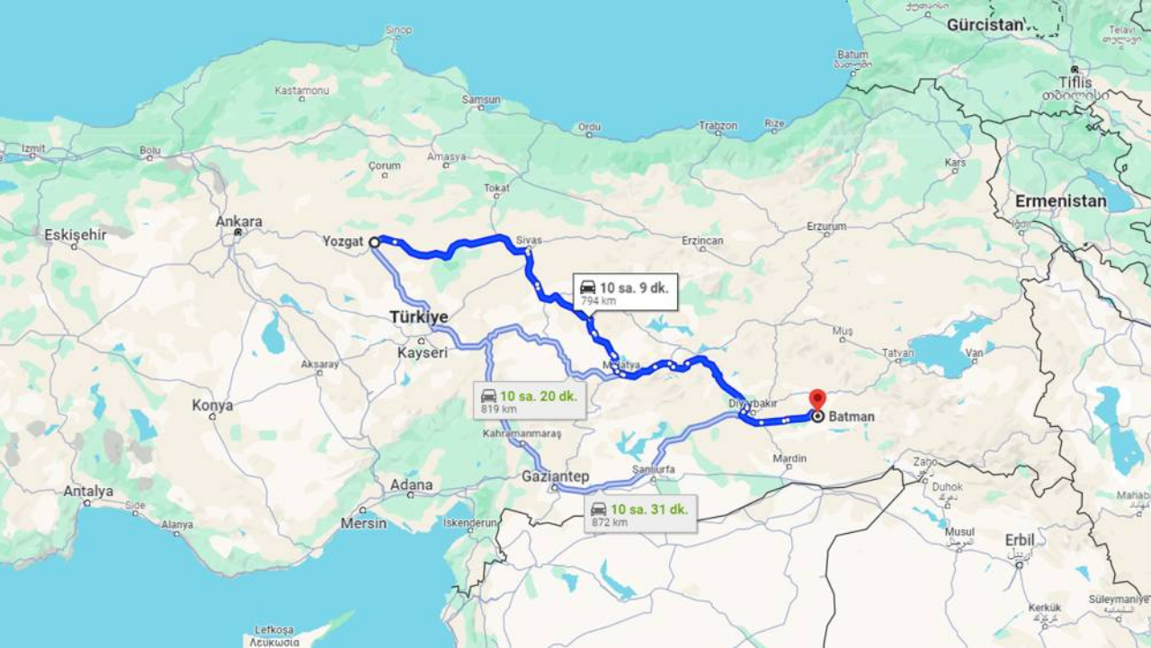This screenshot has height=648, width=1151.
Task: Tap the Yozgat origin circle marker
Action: (x=374, y=242)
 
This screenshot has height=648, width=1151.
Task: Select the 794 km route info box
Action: (x=625, y=293)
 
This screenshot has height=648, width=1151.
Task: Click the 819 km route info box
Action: (x=531, y=401)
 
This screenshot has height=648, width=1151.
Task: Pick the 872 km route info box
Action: (x=639, y=515)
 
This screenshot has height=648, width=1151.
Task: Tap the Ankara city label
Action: (x=238, y=221)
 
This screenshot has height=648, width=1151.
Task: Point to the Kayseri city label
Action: (x=422, y=352)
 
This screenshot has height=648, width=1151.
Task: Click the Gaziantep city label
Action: (x=555, y=476)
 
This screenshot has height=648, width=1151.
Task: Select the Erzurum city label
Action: (x=826, y=226)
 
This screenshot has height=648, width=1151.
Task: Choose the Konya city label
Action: (x=212, y=405)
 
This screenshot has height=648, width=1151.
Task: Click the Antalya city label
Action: (x=88, y=492)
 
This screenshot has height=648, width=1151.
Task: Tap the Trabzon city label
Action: (x=718, y=126)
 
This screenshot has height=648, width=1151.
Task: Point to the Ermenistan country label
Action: (x=1061, y=201)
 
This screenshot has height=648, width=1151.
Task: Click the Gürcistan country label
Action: (x=985, y=25)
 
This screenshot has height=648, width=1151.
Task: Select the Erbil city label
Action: (x=1019, y=540)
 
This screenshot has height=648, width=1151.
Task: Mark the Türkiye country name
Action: (x=419, y=317)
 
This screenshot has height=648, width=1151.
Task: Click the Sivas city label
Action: (x=530, y=241)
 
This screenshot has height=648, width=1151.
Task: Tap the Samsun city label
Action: (x=481, y=100)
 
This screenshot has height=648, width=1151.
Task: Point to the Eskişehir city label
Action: (x=76, y=235)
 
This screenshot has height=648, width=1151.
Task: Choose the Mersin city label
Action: (x=364, y=523)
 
